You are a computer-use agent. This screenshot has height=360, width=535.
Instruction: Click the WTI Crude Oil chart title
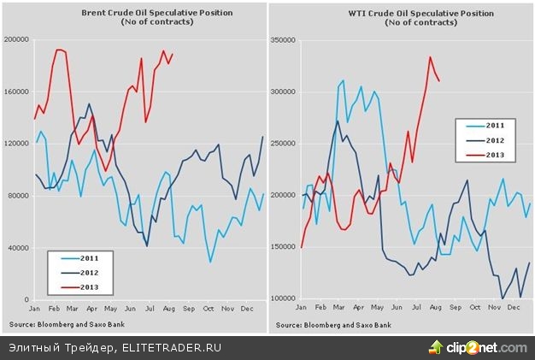(399, 14)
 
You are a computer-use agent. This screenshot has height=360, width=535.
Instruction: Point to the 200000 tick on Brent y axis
(16, 39)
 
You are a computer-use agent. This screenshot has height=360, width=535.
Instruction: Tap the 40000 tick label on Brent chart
(18, 248)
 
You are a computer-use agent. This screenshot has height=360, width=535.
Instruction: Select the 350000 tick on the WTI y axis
(283, 39)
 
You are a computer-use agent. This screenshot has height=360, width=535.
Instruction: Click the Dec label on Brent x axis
(247, 307)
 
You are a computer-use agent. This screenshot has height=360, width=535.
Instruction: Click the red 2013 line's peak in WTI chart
(430, 57)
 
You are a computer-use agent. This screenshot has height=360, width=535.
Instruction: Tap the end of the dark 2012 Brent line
(262, 137)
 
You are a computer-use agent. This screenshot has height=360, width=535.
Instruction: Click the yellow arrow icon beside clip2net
(436, 346)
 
